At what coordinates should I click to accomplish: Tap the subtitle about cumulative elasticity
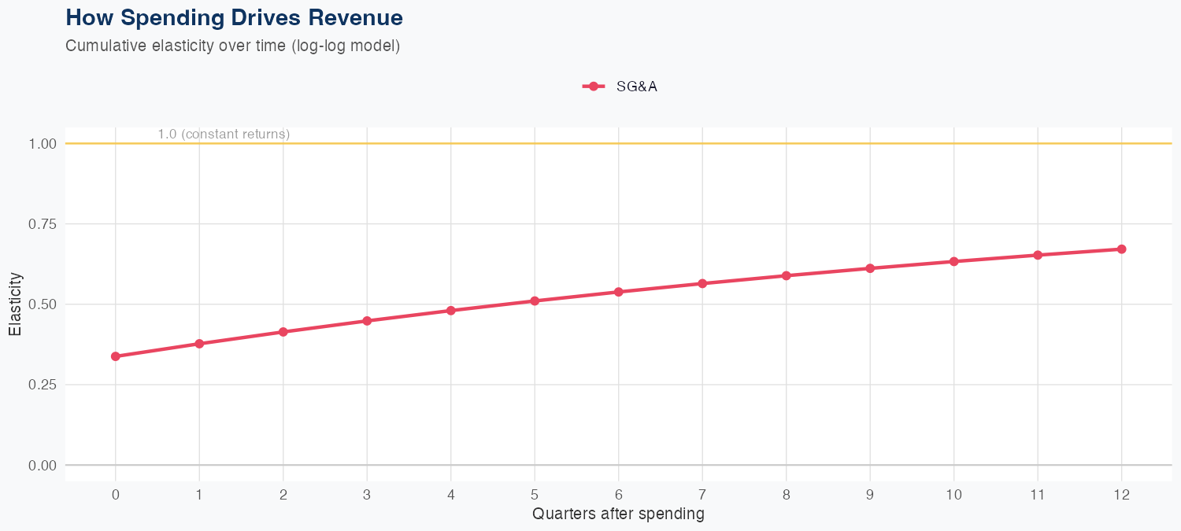[x=233, y=46]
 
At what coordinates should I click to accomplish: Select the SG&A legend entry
[x=620, y=87]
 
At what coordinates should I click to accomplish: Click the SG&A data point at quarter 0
[x=116, y=356]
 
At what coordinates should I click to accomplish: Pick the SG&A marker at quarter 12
[x=1121, y=249]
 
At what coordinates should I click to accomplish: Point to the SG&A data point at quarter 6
[x=618, y=292]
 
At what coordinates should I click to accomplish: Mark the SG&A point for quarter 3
[x=367, y=321]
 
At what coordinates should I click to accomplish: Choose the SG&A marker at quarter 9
[x=870, y=268]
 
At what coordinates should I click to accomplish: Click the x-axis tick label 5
[x=535, y=495]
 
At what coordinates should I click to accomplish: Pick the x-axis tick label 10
[x=953, y=495]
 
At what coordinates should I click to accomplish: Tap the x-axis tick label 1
[x=199, y=495]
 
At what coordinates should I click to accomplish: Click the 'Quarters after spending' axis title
[x=618, y=514]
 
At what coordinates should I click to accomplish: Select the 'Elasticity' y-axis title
[x=15, y=304]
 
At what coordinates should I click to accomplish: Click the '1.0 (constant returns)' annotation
[x=224, y=135]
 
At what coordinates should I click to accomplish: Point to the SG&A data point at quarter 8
[x=786, y=275]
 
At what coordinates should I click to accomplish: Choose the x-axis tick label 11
[x=1037, y=495]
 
